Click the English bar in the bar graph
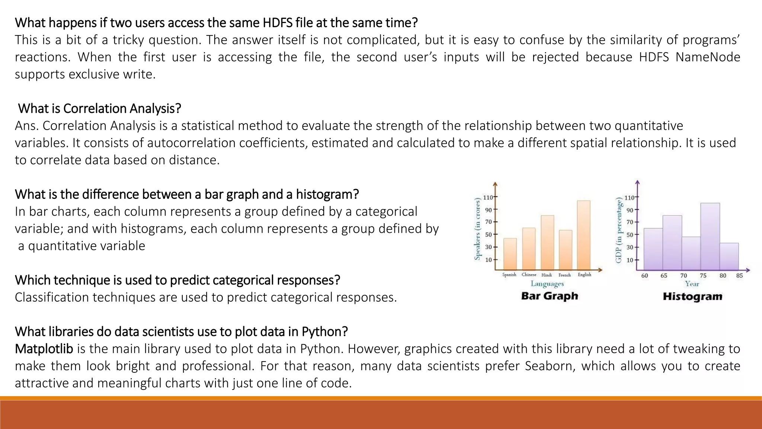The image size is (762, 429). coord(584,235)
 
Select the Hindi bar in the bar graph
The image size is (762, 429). coord(547,242)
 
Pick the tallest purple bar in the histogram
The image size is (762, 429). coord(710,236)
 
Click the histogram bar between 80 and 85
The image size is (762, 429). coord(729,257)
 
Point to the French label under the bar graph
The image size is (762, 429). coord(564,275)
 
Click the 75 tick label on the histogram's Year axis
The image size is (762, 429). coord(703,276)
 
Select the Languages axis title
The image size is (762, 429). coord(547,284)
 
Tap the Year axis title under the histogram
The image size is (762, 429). coord(692,284)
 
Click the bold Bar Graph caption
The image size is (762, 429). coord(550,296)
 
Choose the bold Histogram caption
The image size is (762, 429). coord(692,297)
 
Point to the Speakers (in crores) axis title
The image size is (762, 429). coord(478,229)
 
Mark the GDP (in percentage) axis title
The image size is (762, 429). coord(619,230)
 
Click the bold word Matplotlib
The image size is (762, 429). coord(44,349)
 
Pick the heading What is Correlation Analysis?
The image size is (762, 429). coord(99,109)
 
